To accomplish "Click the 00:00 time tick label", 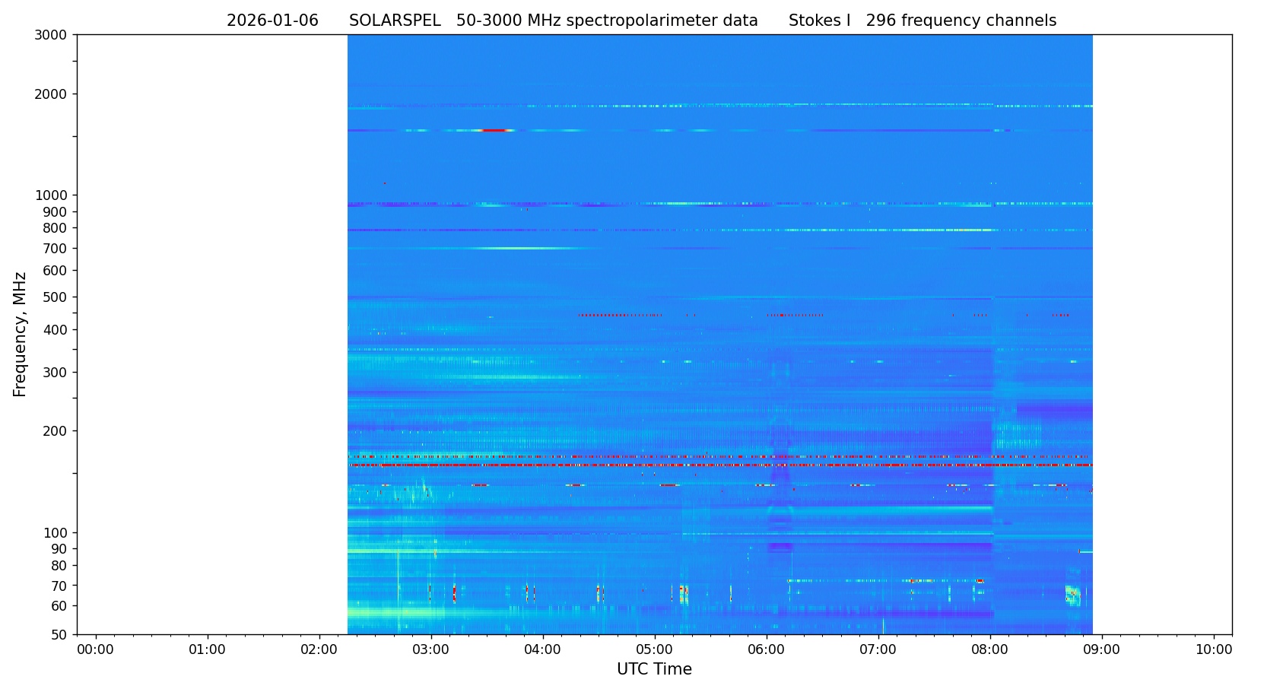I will coord(95,649).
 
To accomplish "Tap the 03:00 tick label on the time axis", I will coord(431,649).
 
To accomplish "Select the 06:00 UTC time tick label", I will coord(767,649).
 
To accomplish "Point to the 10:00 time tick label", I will coord(1214,649).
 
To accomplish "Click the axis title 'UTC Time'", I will coord(654,669).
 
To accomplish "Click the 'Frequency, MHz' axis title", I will coord(20,334).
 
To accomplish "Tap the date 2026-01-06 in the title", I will coord(272,21).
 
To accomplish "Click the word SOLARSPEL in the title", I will coord(395,21).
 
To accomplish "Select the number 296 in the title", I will coord(881,21).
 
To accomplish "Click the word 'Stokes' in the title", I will coord(812,21).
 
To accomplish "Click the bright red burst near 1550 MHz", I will coord(494,131).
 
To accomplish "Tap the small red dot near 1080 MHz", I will coord(385,183).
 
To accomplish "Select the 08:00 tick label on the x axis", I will coord(990,649).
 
